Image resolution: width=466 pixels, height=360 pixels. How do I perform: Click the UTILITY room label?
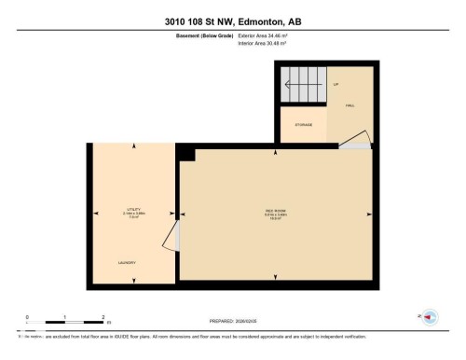click(132, 211)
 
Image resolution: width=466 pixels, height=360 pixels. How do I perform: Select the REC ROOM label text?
click(275, 211)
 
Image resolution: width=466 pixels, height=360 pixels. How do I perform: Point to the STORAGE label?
click(304, 124)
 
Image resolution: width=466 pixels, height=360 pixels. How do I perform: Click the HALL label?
click(350, 105)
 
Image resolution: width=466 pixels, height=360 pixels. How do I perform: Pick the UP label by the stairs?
click(336, 84)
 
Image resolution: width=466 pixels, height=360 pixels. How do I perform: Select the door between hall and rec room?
click(355, 140)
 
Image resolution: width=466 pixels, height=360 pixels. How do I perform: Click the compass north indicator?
click(430, 317)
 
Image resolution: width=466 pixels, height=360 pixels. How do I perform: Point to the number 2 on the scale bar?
click(103, 317)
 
